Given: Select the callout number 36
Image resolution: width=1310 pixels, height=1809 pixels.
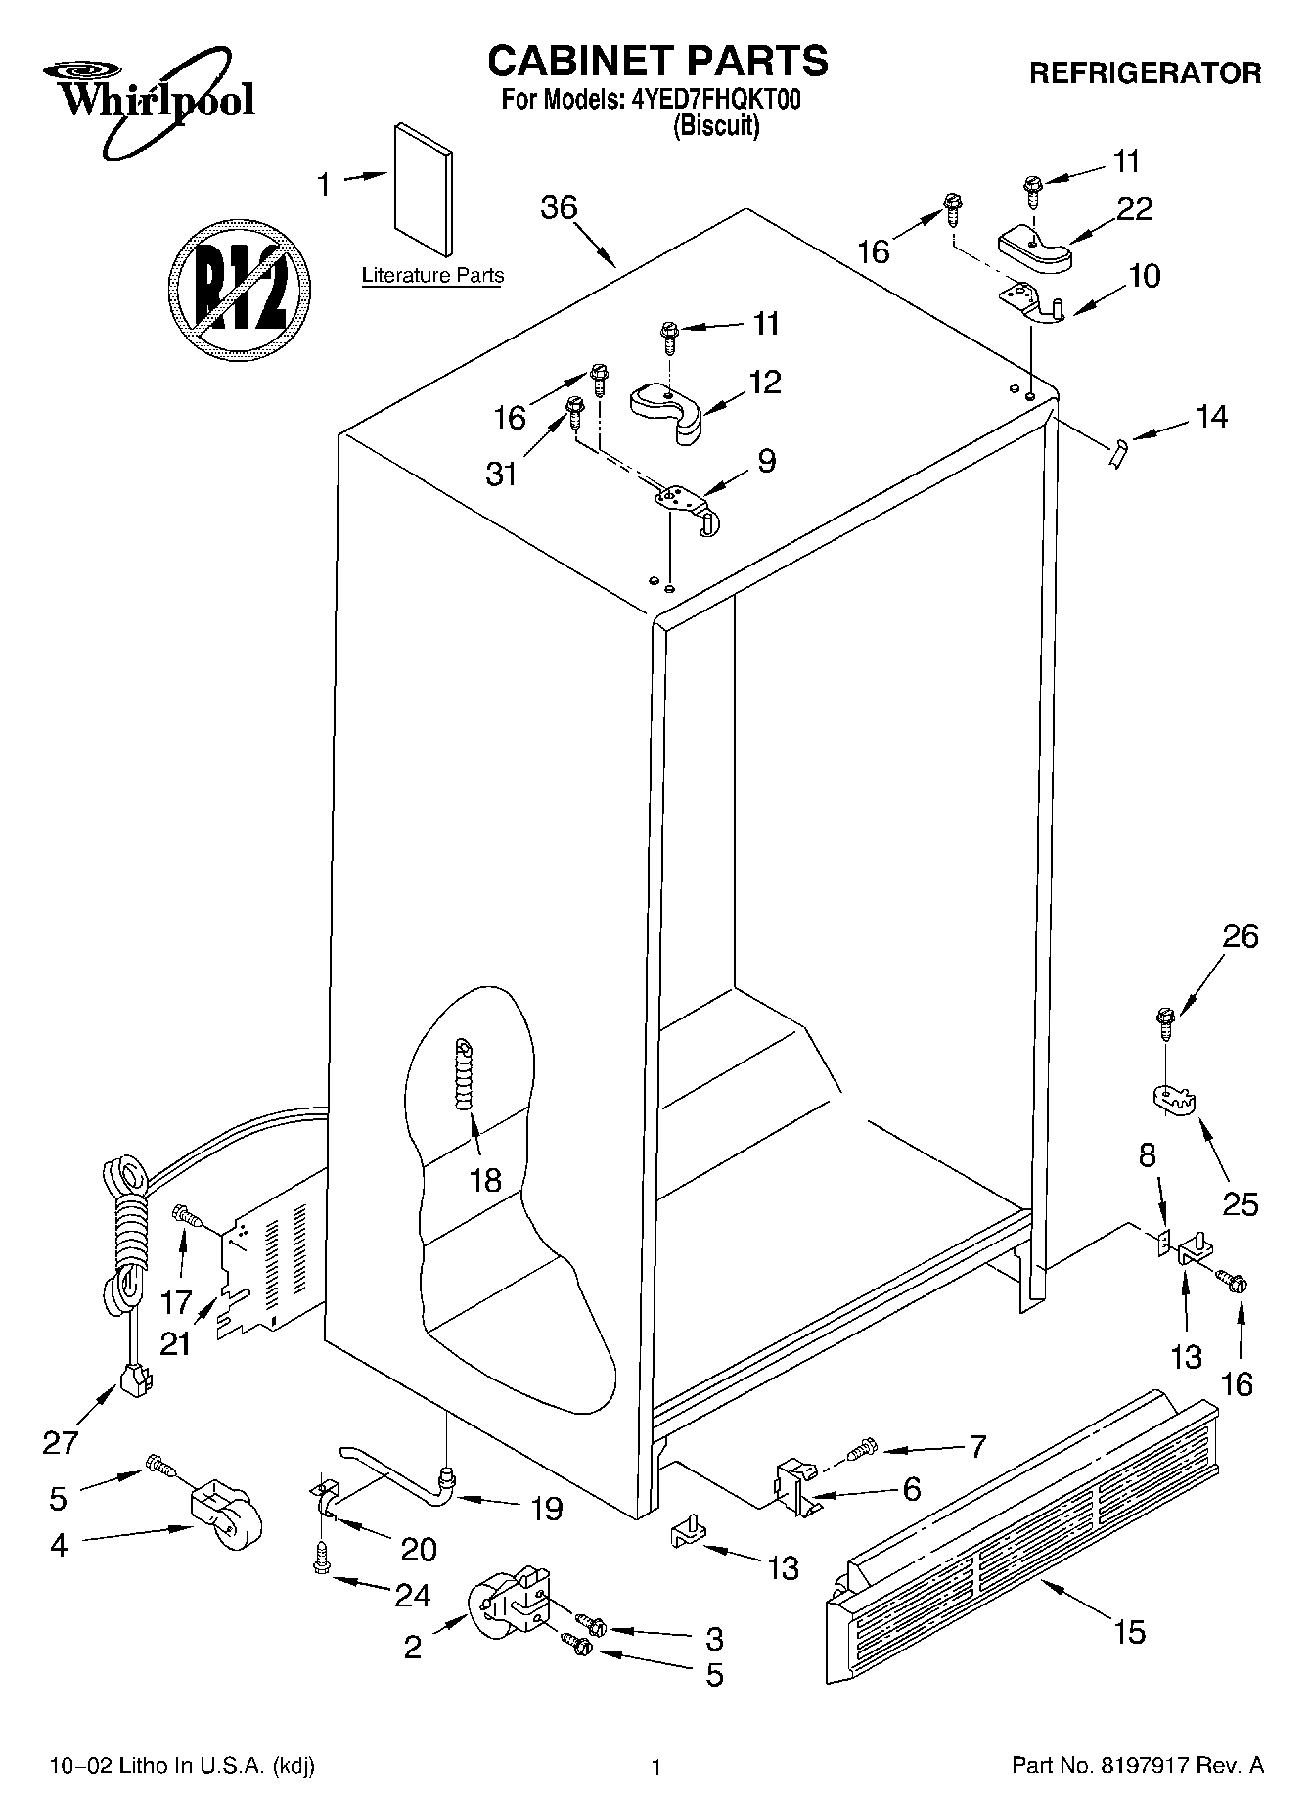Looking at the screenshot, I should [x=560, y=207].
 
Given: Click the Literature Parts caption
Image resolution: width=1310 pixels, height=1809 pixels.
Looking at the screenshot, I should [x=432, y=276].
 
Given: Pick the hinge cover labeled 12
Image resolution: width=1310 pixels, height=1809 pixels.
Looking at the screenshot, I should [x=667, y=410].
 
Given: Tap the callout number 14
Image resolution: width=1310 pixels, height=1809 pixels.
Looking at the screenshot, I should [x=1211, y=417].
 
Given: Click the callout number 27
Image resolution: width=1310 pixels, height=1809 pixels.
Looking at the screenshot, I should [x=61, y=1442].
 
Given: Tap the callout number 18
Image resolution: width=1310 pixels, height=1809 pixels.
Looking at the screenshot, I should [x=485, y=1179].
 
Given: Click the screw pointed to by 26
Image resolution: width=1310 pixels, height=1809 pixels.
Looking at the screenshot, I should [x=1164, y=1023].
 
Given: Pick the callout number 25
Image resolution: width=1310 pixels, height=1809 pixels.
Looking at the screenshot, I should [x=1240, y=1202].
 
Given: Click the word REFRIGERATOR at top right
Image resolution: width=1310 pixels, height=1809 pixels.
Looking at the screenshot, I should [x=1145, y=72].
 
